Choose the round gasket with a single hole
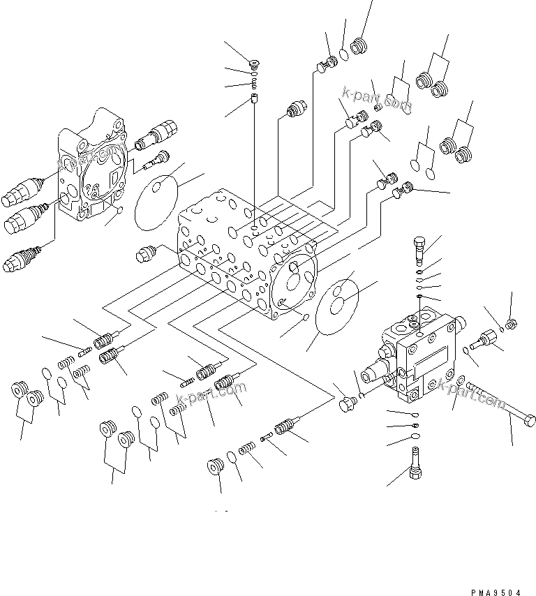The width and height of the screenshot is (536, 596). [155, 196]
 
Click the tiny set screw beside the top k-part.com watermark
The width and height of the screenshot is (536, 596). [378, 107]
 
